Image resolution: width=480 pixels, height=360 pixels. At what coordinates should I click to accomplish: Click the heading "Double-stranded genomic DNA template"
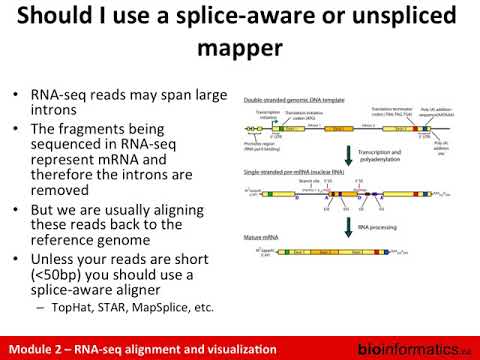click(x=294, y=101)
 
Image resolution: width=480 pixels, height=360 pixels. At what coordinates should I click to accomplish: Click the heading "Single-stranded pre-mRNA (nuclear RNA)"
click(x=295, y=176)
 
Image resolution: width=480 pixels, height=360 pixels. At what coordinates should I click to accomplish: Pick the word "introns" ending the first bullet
click(x=55, y=116)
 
